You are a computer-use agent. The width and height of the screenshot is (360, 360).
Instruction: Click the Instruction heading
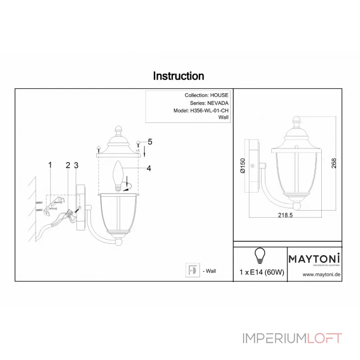178,76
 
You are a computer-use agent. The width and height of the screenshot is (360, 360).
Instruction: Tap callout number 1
50,165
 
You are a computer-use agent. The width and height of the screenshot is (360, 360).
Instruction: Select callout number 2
68,165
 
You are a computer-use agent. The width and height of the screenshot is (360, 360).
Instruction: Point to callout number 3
76,165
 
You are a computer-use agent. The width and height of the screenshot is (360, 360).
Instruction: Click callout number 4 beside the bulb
149,168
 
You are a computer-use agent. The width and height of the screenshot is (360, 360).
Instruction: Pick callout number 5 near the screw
150,142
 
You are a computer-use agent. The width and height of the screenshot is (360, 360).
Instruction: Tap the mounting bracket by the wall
53,206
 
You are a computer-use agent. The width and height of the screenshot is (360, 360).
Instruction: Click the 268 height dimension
334,163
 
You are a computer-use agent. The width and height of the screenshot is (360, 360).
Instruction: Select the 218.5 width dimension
285,215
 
